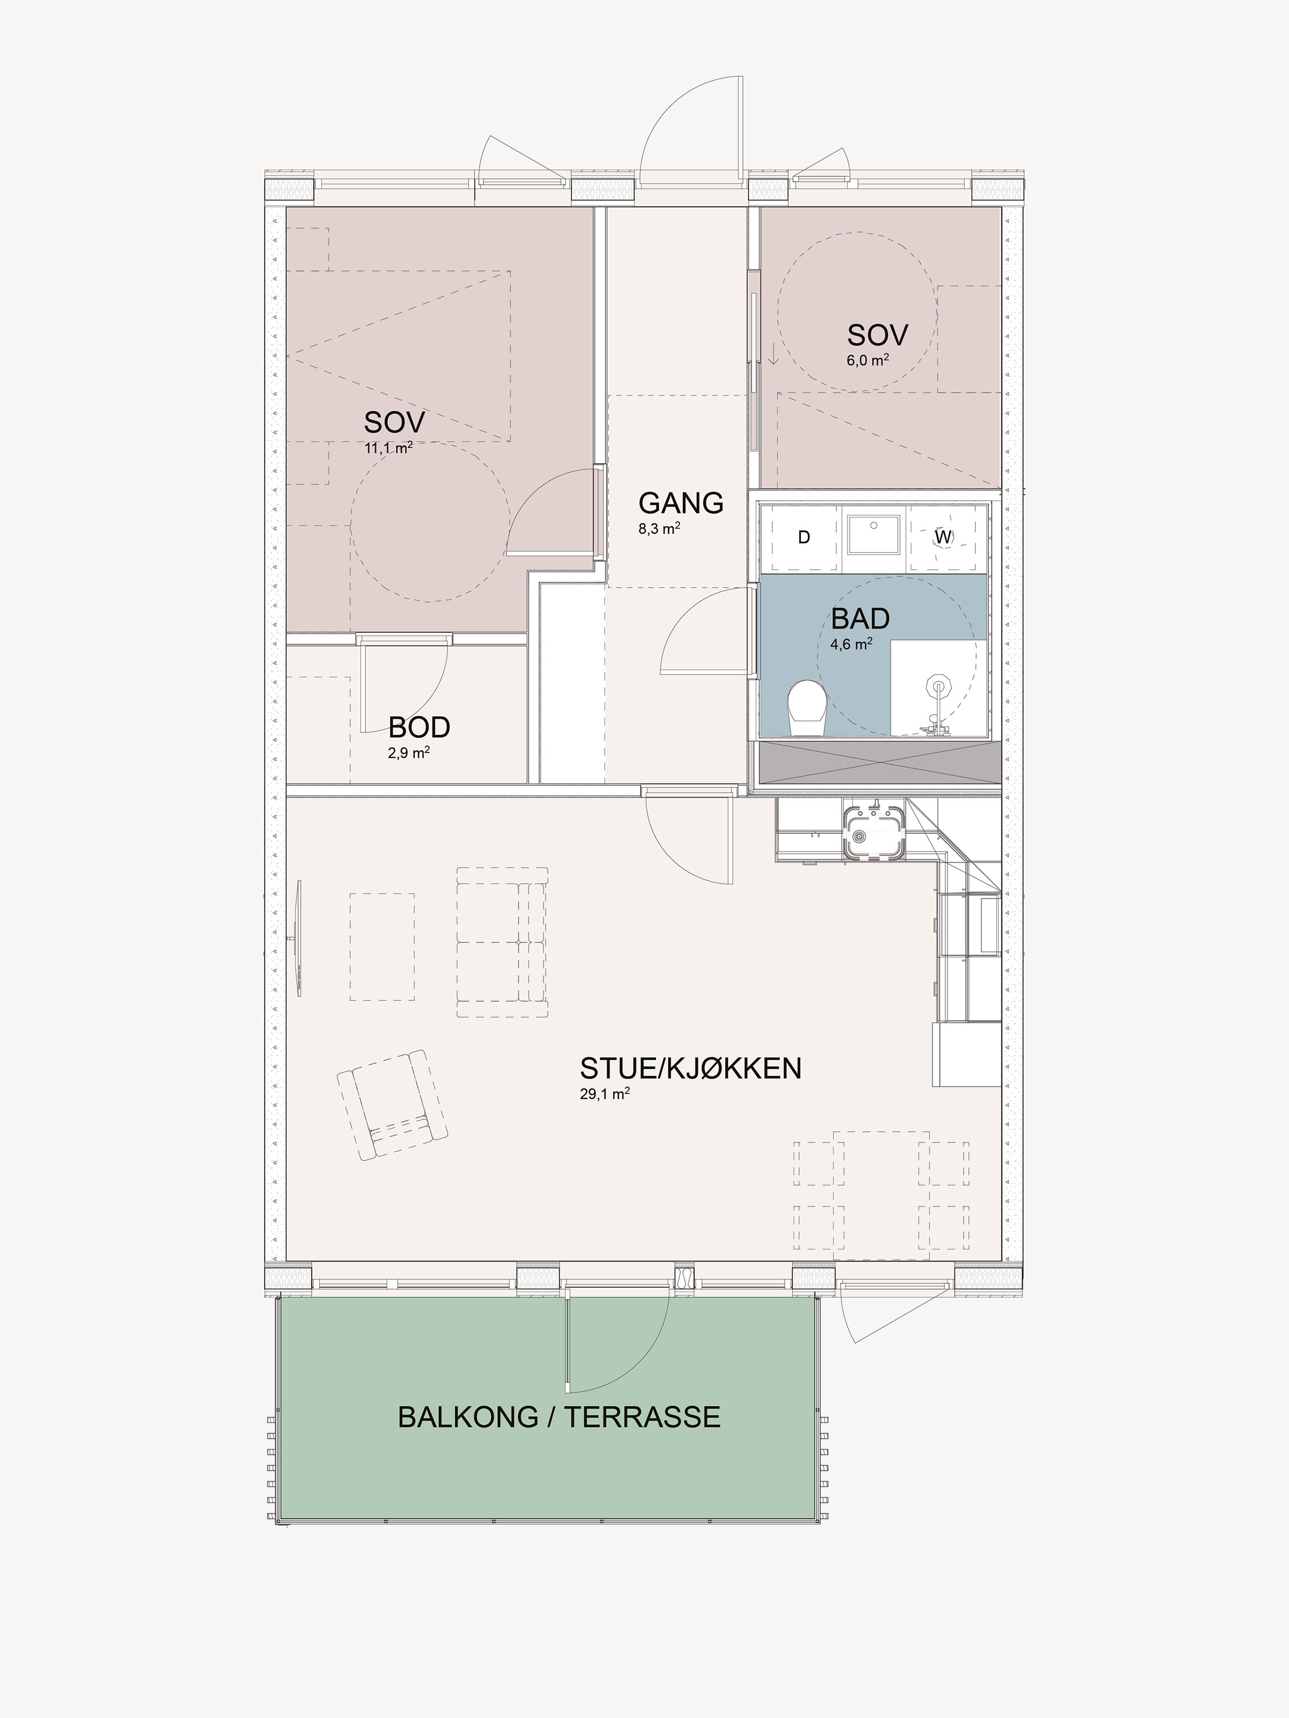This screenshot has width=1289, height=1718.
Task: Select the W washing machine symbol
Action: (943, 537)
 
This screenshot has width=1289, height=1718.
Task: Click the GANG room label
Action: (681, 503)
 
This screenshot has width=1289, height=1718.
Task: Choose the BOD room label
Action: (419, 728)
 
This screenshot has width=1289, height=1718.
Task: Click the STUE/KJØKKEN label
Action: (691, 1068)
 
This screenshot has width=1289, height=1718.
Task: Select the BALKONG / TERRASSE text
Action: (559, 1417)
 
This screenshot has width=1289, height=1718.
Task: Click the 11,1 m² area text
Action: (388, 448)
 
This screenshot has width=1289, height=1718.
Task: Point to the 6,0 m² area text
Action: (867, 360)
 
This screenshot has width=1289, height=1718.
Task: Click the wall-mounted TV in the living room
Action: (298, 939)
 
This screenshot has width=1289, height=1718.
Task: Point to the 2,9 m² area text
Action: (408, 752)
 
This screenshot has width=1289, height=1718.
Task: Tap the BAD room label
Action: (860, 619)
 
